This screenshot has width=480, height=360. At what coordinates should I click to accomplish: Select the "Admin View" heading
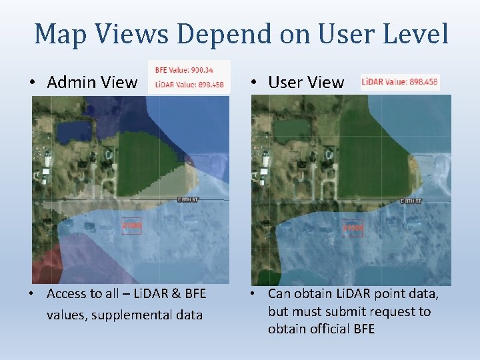point(92,83)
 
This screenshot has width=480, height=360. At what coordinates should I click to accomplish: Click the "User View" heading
point(306,83)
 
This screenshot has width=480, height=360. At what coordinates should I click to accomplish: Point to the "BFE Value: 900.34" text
point(181,69)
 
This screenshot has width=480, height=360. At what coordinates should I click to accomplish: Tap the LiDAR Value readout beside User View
point(399,82)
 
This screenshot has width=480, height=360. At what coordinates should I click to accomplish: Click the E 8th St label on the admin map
point(189,199)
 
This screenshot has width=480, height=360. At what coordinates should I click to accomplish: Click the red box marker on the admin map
point(131,226)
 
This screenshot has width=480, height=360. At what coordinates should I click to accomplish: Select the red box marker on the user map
point(352,227)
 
